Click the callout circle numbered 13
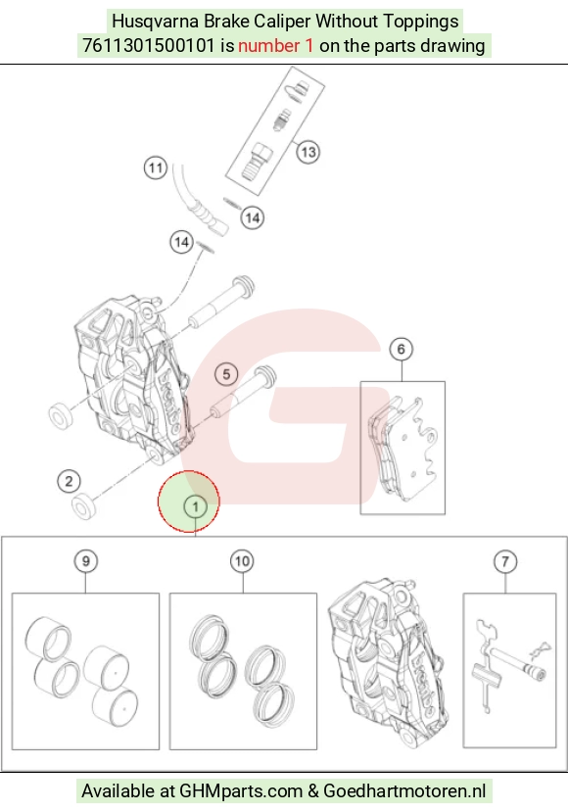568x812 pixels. pyautogui.click(x=308, y=152)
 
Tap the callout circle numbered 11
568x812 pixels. pyautogui.click(x=156, y=168)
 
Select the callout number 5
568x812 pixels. pyautogui.click(x=226, y=374)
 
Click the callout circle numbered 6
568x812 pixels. pyautogui.click(x=401, y=350)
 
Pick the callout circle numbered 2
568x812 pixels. pyautogui.click(x=69, y=481)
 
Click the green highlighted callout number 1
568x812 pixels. pyautogui.click(x=195, y=506)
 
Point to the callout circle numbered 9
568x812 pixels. pyautogui.click(x=86, y=561)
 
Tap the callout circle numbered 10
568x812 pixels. pyautogui.click(x=242, y=561)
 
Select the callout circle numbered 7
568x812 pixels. pyautogui.click(x=505, y=561)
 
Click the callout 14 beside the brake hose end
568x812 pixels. pyautogui.click(x=252, y=217)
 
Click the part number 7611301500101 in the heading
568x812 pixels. pyautogui.click(x=149, y=46)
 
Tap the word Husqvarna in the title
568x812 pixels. pyautogui.click(x=156, y=22)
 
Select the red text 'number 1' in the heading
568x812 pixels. pyautogui.click(x=275, y=46)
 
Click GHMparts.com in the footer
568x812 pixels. pyautogui.click(x=241, y=790)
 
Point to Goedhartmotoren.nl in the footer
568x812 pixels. pyautogui.click(x=404, y=790)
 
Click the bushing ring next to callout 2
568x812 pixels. pyautogui.click(x=83, y=506)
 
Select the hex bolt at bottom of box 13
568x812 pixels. pyautogui.click(x=256, y=162)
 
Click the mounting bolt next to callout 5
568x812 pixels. pyautogui.click(x=243, y=394)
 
